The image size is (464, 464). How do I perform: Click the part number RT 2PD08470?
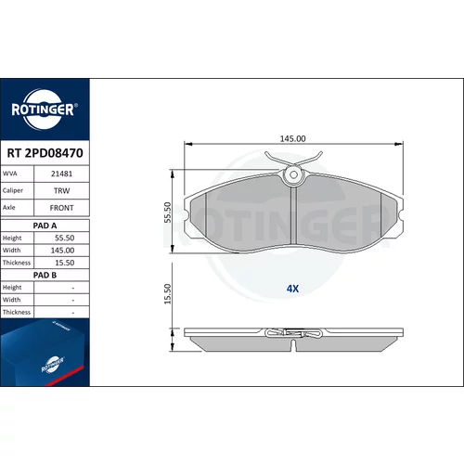[x=45, y=153]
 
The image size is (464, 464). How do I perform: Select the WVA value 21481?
[x=61, y=174]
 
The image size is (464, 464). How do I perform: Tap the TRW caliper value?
[x=61, y=191]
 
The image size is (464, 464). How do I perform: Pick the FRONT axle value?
[x=61, y=208]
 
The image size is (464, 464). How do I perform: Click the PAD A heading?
[x=45, y=226]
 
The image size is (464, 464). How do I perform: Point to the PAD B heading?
[x=45, y=275]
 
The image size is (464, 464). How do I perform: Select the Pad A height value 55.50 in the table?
[x=65, y=238]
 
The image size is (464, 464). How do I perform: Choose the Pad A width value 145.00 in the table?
[x=62, y=251]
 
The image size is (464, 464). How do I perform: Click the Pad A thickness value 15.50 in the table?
[x=65, y=263]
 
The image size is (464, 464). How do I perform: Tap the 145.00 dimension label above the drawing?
[x=292, y=138]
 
